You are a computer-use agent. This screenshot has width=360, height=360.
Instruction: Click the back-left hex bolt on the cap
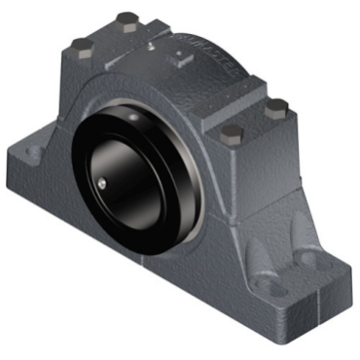(126, 19)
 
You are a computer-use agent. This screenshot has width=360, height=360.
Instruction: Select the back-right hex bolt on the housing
(275, 105)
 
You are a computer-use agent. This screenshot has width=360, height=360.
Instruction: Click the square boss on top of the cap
(178, 59)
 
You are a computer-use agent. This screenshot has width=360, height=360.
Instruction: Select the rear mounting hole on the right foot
(311, 257)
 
